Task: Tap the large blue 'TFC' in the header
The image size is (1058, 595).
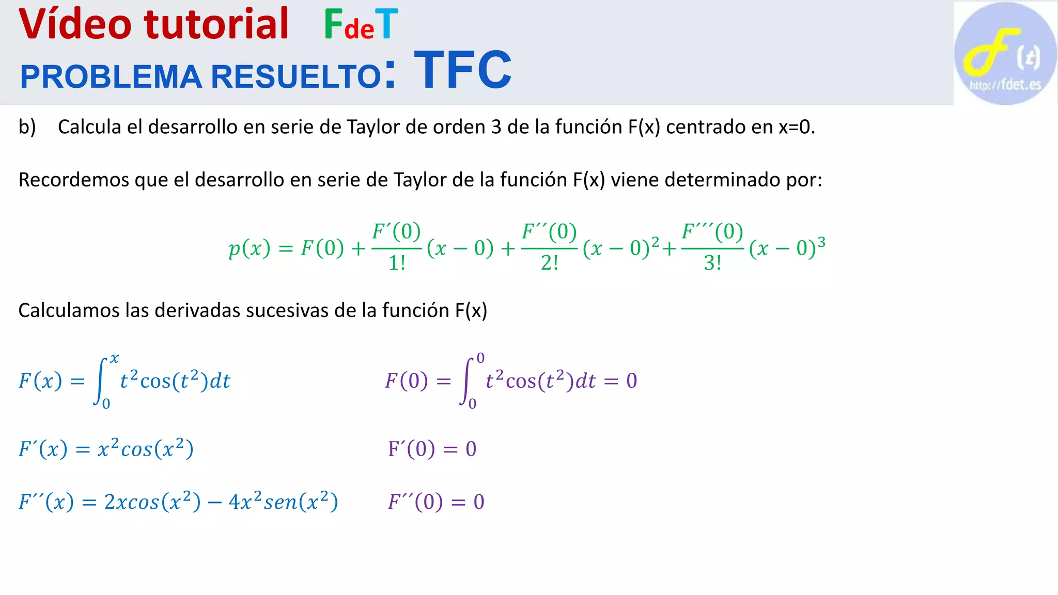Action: click(462, 70)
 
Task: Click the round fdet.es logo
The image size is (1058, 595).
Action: click(1005, 54)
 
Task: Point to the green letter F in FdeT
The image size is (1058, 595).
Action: click(333, 24)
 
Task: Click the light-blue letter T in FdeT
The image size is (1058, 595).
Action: click(387, 24)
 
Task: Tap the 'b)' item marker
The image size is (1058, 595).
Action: click(27, 127)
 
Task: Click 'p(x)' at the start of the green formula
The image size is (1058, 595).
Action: click(250, 248)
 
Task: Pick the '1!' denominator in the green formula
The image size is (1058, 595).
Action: click(396, 263)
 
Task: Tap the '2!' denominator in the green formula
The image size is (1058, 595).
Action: click(549, 263)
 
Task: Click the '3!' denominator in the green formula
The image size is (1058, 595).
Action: click(712, 263)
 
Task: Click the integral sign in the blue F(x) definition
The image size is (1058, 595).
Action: click(101, 381)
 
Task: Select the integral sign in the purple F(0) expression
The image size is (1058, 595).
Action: click(467, 381)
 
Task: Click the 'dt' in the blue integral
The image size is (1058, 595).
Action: click(220, 381)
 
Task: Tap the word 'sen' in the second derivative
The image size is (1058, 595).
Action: click(280, 502)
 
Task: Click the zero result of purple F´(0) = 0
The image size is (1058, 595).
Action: click(471, 449)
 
